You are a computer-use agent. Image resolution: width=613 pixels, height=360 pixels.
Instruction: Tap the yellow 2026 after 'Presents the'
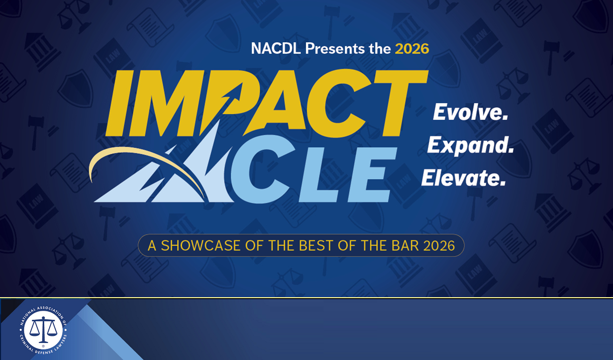[412, 49]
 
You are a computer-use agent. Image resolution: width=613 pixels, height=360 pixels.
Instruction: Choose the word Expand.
[470, 145]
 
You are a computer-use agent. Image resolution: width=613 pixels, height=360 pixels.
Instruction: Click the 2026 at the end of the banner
[439, 246]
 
